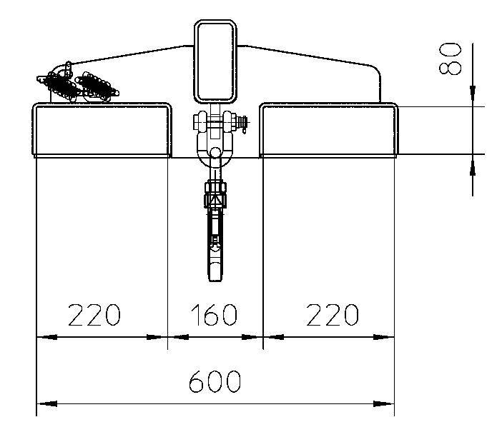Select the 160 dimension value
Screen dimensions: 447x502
coord(215,314)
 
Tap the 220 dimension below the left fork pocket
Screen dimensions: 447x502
coord(94,314)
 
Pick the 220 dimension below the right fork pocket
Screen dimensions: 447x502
coord(333,314)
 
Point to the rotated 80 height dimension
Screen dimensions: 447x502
coord(451,58)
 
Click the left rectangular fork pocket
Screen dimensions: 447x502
coord(102,129)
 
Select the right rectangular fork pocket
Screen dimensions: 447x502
coord(328,129)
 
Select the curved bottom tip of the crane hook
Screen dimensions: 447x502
coord(215,275)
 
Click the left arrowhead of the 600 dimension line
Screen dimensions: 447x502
coord(44,404)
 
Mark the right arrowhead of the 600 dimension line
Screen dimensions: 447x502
coord(385,404)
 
